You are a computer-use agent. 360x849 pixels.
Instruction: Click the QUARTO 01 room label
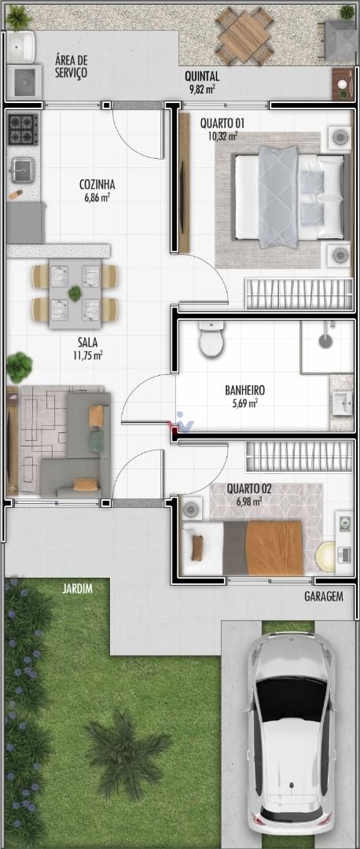[219, 123]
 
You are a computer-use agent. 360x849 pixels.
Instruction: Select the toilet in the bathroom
[211, 338]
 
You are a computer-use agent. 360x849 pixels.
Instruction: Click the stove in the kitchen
[23, 128]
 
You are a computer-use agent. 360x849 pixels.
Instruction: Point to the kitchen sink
[21, 171]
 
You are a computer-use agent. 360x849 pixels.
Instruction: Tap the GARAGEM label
[324, 597]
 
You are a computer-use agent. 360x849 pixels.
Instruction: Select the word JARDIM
[77, 589]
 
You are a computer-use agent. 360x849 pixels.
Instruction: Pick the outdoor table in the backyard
[244, 35]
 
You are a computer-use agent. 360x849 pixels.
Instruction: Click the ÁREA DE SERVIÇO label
[71, 67]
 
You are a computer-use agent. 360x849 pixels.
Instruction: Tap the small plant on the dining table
[75, 293]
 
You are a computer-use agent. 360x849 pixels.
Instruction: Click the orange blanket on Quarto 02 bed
[274, 548]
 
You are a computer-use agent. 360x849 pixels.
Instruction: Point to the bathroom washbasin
[342, 403]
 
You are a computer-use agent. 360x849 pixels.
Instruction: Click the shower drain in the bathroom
[325, 340]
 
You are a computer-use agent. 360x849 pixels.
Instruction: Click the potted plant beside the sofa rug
[19, 367]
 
